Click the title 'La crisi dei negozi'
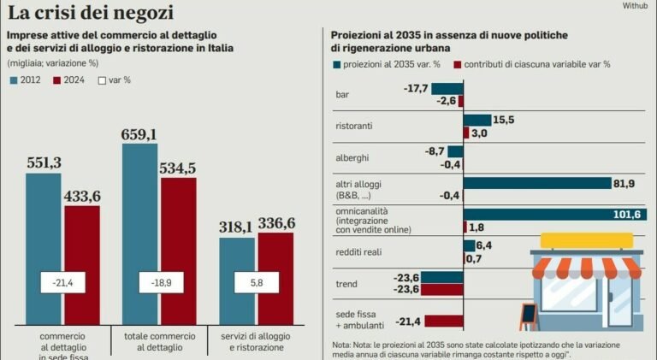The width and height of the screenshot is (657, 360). tap(91, 13)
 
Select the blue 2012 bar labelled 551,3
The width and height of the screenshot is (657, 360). tap(43, 249)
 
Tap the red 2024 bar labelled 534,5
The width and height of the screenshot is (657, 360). tap(179, 251)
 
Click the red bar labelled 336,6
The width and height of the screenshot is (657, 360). tap(275, 279)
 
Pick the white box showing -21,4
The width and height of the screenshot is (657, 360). tap(62, 282)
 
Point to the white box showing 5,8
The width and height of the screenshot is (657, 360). tap(257, 282)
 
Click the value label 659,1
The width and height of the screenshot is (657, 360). tap(139, 134)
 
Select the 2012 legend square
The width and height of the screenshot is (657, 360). tap(14, 80)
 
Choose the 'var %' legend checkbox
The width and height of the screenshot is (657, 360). tap(102, 80)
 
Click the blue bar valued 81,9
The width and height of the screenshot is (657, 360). tap(537, 183)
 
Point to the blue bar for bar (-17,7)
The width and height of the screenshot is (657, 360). tap(447, 89)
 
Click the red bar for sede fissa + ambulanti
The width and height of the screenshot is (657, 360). tap(444, 321)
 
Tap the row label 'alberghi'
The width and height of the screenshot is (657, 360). tap(352, 158)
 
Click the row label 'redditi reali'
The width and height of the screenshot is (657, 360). tap(358, 252)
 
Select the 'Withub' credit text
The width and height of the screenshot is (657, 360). tap(635, 5)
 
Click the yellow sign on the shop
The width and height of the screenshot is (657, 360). tap(587, 240)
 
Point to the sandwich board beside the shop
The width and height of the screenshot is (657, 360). tap(529, 317)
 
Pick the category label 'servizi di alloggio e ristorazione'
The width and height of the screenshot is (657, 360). tap(256, 341)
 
